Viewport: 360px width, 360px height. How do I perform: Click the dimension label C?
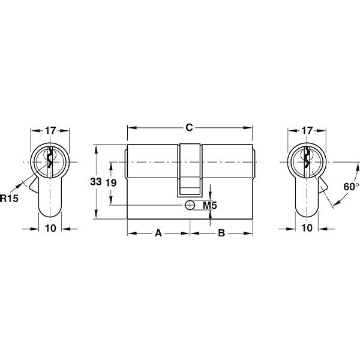tap(189, 127)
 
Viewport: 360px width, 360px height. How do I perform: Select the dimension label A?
tap(158, 233)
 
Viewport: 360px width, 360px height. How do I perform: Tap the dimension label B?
tap(221, 233)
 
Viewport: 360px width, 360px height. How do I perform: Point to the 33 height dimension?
tap(96, 182)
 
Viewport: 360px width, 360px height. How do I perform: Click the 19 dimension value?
tap(111, 183)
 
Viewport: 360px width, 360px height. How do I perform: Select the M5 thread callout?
tap(210, 205)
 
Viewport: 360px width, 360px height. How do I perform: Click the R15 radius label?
tap(9, 198)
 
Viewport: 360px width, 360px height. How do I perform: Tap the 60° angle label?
tap(351, 187)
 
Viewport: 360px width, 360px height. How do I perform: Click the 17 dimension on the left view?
tap(50, 131)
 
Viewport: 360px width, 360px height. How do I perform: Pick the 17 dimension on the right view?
tap(307, 131)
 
